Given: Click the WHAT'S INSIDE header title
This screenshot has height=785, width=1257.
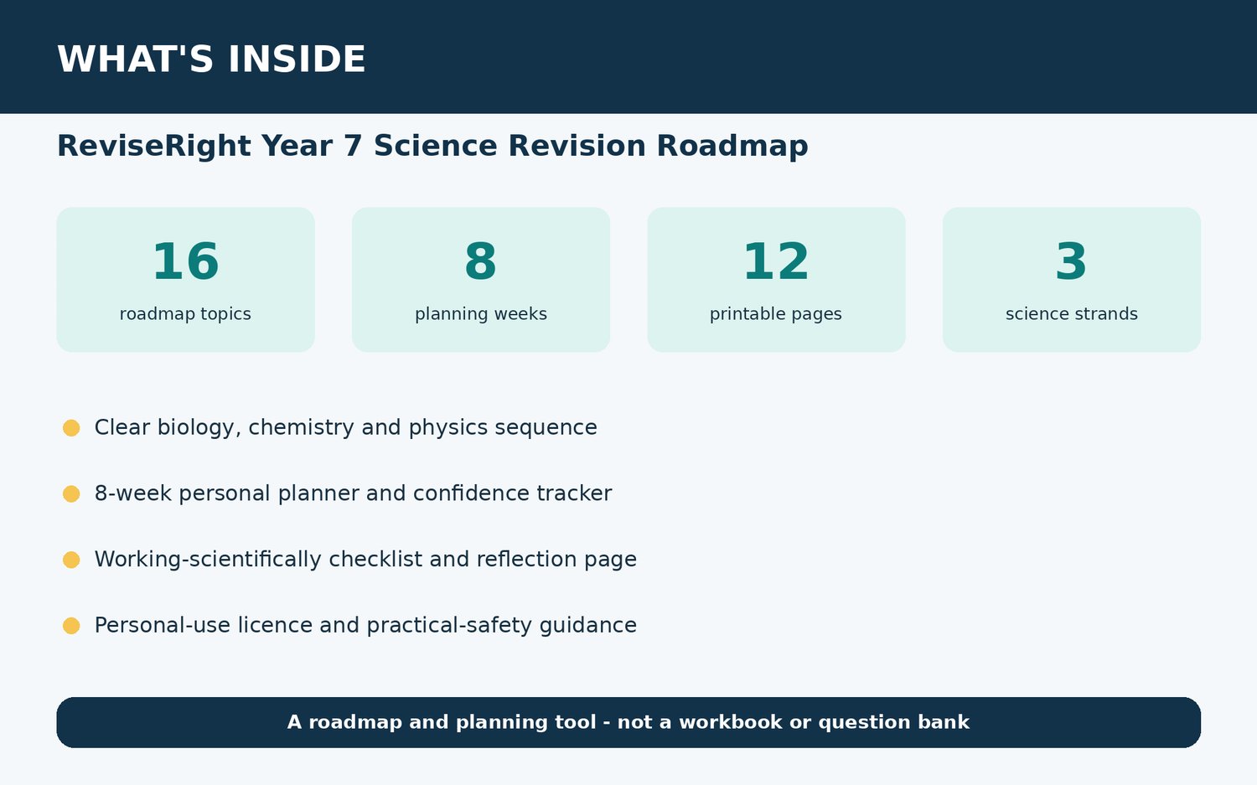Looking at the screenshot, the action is coord(211,59).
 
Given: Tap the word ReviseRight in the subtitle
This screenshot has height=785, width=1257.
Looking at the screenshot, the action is coord(154,146).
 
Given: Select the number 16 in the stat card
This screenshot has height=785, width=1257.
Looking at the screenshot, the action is coord(186,261).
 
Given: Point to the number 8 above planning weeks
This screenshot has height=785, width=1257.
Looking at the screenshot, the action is coord(481,261).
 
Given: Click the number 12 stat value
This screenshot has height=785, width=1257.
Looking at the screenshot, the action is coord(776,261).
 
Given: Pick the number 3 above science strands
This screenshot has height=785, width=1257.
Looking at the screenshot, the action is coord(1071,261).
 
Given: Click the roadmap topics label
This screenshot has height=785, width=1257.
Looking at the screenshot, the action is coord(185,313).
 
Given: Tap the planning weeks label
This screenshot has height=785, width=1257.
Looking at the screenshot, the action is coord(481,313).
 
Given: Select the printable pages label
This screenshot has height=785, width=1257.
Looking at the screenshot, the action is coord(775,313).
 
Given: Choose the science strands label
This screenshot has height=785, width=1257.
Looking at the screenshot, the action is coord(1071,313).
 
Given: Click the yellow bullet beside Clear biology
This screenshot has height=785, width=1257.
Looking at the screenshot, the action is coord(71,427).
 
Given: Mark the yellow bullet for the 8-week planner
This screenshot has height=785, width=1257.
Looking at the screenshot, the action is coord(71,493).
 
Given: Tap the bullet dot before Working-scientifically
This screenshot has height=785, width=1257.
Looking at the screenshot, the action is coord(71,560).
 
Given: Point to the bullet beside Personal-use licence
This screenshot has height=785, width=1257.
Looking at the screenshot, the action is coord(71,626).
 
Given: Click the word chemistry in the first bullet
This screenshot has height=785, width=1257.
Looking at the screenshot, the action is coord(302,427).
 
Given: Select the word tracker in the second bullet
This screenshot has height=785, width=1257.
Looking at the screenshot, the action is coord(574,493).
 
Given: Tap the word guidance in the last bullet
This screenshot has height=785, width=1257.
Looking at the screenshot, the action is coord(588,626).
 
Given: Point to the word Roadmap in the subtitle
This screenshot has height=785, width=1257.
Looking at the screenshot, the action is coord(732,146).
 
